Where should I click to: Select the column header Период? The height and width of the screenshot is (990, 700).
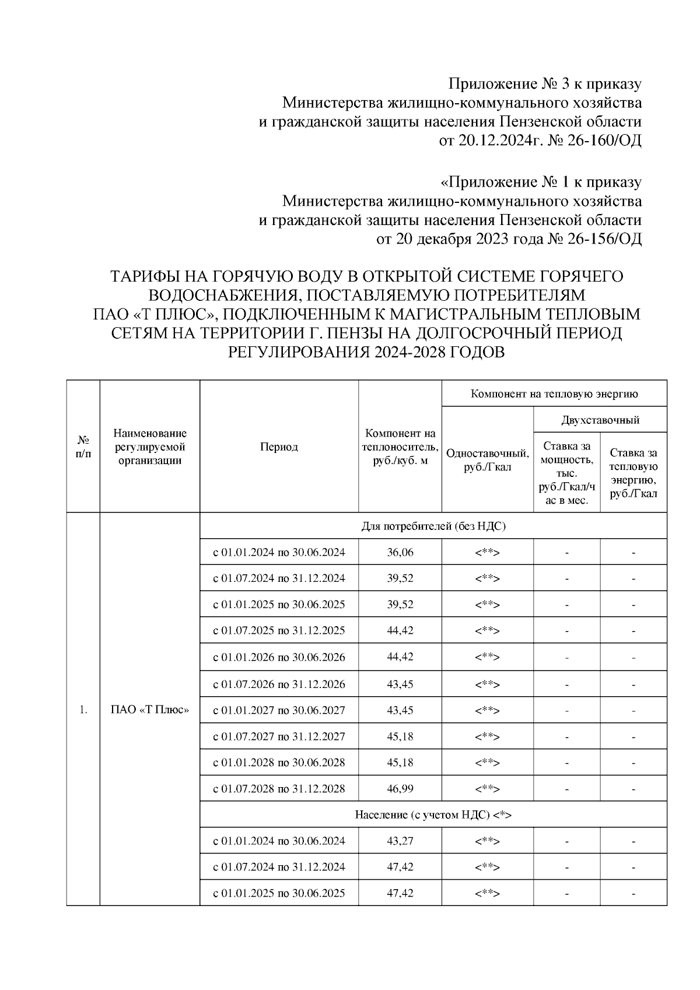tap(279, 447)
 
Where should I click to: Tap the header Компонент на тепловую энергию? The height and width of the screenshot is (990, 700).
tap(554, 394)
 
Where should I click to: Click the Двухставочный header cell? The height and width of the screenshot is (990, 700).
tap(600, 420)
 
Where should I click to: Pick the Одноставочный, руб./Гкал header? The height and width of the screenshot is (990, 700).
tap(487, 460)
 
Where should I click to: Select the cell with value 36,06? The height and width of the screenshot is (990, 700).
tap(400, 552)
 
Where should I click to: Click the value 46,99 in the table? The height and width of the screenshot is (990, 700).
tap(400, 789)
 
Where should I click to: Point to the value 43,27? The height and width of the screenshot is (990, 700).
tap(400, 841)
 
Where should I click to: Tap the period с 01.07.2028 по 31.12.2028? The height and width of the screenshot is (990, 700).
tap(279, 789)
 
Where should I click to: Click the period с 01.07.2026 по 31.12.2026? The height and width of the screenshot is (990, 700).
tap(279, 684)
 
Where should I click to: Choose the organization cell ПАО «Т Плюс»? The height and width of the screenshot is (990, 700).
tap(150, 710)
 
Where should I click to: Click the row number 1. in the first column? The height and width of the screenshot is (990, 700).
tap(83, 710)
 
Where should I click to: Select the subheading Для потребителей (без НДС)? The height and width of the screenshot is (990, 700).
tap(433, 526)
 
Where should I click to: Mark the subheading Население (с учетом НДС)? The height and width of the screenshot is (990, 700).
tap(433, 815)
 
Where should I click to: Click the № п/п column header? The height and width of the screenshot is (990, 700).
tap(83, 447)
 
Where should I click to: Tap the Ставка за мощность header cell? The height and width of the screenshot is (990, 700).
tap(566, 473)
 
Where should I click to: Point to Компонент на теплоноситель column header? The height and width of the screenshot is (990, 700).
tap(400, 447)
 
